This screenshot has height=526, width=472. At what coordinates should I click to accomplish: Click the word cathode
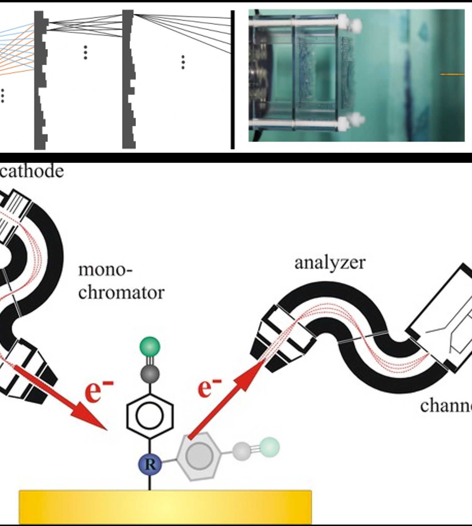(x=31, y=171)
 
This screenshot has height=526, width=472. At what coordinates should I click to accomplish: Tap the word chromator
(x=121, y=293)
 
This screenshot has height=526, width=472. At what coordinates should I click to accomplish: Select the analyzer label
(x=330, y=263)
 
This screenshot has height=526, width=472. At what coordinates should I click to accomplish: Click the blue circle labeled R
(x=150, y=464)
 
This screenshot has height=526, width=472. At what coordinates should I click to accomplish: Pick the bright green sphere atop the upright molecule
(x=150, y=347)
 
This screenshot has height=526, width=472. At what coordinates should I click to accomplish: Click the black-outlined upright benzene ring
(x=150, y=415)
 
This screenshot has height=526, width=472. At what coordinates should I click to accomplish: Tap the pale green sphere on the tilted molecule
(x=270, y=447)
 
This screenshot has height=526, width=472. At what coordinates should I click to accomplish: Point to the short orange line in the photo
(x=452, y=75)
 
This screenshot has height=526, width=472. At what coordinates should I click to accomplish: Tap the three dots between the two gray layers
(x=85, y=53)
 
